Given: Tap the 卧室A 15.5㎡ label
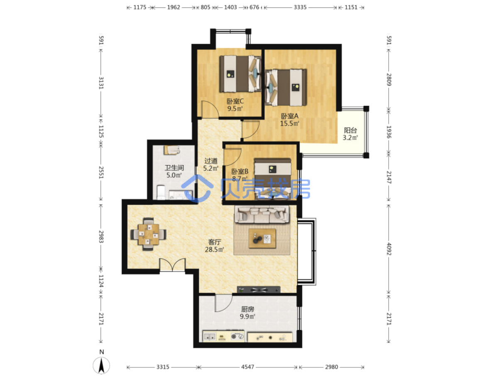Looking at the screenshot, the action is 289,120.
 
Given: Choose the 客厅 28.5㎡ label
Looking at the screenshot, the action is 214,246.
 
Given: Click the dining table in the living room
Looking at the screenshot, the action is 148,235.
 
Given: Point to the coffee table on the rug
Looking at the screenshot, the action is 262,238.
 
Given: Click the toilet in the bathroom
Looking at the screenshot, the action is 161,193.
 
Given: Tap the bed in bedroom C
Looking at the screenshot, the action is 240,73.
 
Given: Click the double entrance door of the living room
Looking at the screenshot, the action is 172,265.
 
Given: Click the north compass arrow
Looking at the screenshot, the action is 101,365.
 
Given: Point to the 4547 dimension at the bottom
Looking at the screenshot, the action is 248,367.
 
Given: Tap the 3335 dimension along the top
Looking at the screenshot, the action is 300,7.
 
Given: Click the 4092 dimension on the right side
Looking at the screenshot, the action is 389,249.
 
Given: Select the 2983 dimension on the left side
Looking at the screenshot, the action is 101,237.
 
